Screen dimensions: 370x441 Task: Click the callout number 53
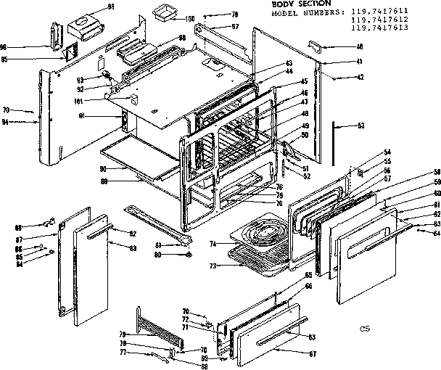(360, 126)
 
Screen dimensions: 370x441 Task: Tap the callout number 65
(308, 275)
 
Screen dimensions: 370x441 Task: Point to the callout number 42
(339, 76)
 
